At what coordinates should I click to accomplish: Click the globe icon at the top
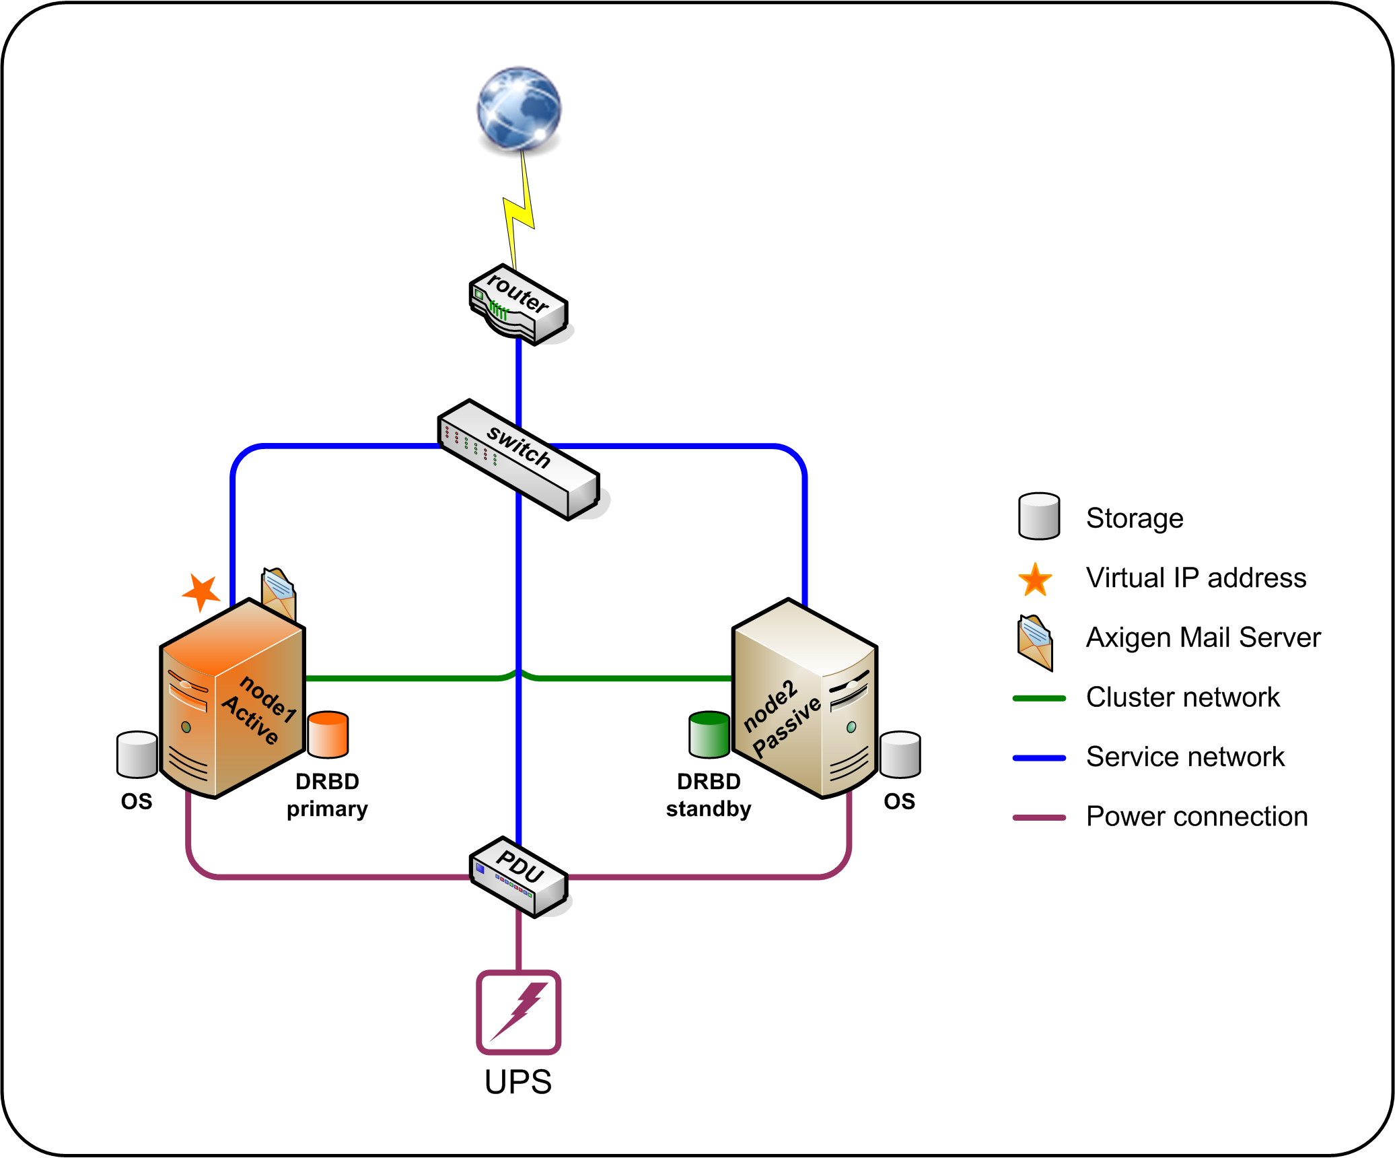(519, 108)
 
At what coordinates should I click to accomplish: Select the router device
(518, 305)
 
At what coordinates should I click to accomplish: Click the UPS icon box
(519, 1012)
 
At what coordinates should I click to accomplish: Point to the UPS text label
(518, 1083)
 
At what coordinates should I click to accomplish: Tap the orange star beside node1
(201, 592)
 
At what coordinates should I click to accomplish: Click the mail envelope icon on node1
(279, 592)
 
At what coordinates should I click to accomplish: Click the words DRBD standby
(709, 795)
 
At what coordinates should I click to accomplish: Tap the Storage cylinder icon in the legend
(1039, 516)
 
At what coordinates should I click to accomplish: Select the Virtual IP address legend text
(1196, 578)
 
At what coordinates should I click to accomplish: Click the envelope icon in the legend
(1036, 642)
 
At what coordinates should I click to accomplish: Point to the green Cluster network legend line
(1039, 698)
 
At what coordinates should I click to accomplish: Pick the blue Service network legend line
(1039, 758)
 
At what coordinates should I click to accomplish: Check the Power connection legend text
(1196, 817)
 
